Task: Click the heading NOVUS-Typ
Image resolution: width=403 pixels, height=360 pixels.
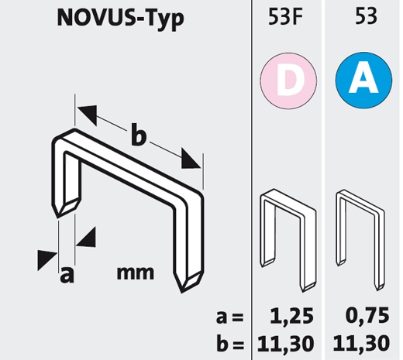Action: [120, 19]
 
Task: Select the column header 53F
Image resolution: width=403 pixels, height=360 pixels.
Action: [285, 16]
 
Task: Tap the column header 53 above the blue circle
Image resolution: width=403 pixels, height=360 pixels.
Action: [366, 16]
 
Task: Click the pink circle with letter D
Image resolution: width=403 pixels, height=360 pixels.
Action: [288, 81]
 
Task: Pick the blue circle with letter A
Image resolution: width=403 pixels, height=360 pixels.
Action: [363, 81]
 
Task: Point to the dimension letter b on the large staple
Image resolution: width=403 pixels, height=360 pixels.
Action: [139, 135]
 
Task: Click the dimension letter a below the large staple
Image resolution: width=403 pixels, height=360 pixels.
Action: [67, 275]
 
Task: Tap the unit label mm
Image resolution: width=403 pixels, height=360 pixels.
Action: [136, 273]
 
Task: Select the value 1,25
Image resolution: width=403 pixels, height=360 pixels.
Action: [291, 316]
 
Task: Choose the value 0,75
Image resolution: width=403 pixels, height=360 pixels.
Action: [367, 315]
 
